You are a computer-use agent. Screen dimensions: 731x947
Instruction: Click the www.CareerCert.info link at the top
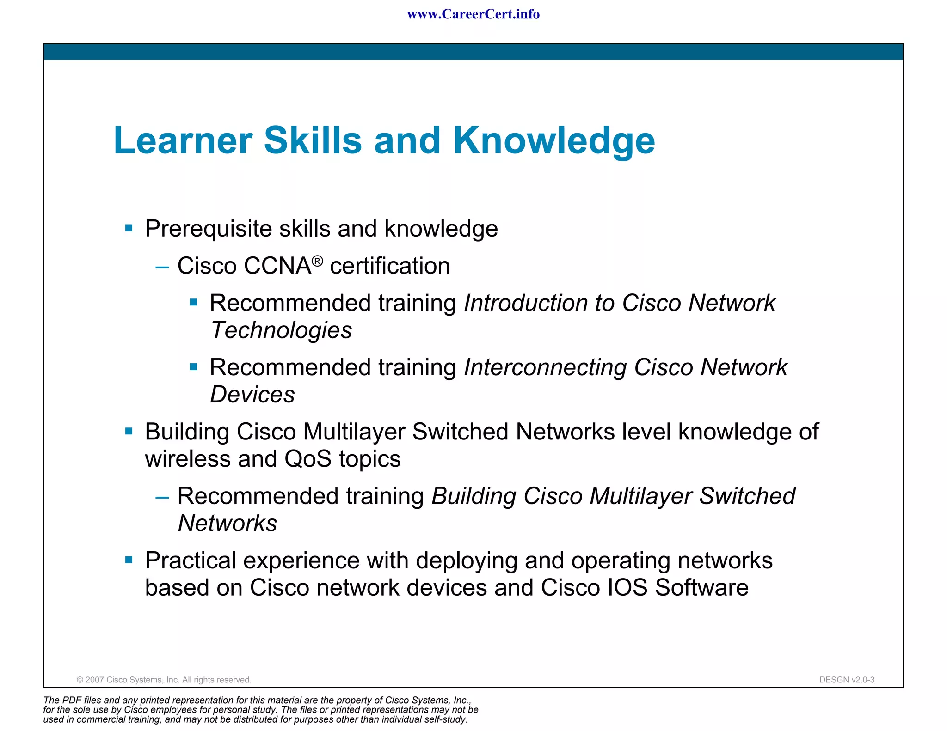(x=473, y=14)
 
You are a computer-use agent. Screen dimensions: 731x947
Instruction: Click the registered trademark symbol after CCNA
(x=317, y=261)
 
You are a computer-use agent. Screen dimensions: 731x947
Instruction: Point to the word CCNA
(x=277, y=266)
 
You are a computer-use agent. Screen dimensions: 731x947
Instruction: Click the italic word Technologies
(x=281, y=330)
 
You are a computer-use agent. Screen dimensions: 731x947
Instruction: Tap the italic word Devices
(x=252, y=395)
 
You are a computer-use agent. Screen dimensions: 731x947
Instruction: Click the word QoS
(x=308, y=459)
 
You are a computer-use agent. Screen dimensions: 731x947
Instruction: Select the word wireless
(x=188, y=459)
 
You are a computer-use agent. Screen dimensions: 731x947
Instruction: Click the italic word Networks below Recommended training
(x=228, y=523)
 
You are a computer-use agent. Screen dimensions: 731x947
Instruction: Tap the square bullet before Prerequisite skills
(x=129, y=228)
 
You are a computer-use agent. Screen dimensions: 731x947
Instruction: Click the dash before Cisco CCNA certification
(x=162, y=267)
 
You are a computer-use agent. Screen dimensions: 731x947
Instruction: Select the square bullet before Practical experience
(x=129, y=560)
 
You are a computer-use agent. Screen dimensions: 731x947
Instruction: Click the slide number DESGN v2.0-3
(x=847, y=680)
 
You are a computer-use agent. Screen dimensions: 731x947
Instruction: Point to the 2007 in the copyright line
(x=95, y=680)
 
